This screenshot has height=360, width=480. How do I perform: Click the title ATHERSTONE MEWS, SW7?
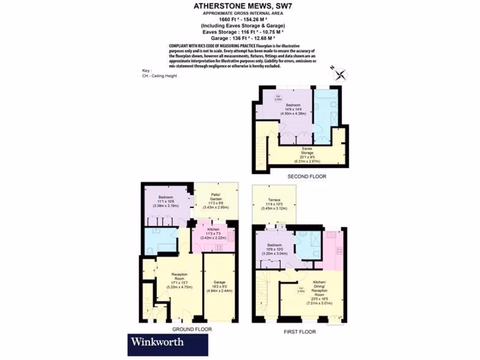tap(239, 7)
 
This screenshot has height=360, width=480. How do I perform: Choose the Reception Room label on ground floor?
tap(180, 281)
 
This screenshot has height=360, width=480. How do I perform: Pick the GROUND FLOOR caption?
tap(193, 330)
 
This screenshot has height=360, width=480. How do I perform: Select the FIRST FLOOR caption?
tap(300, 332)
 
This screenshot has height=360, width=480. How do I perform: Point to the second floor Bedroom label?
tap(294, 109)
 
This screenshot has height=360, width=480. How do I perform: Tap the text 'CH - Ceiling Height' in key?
tap(159, 75)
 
